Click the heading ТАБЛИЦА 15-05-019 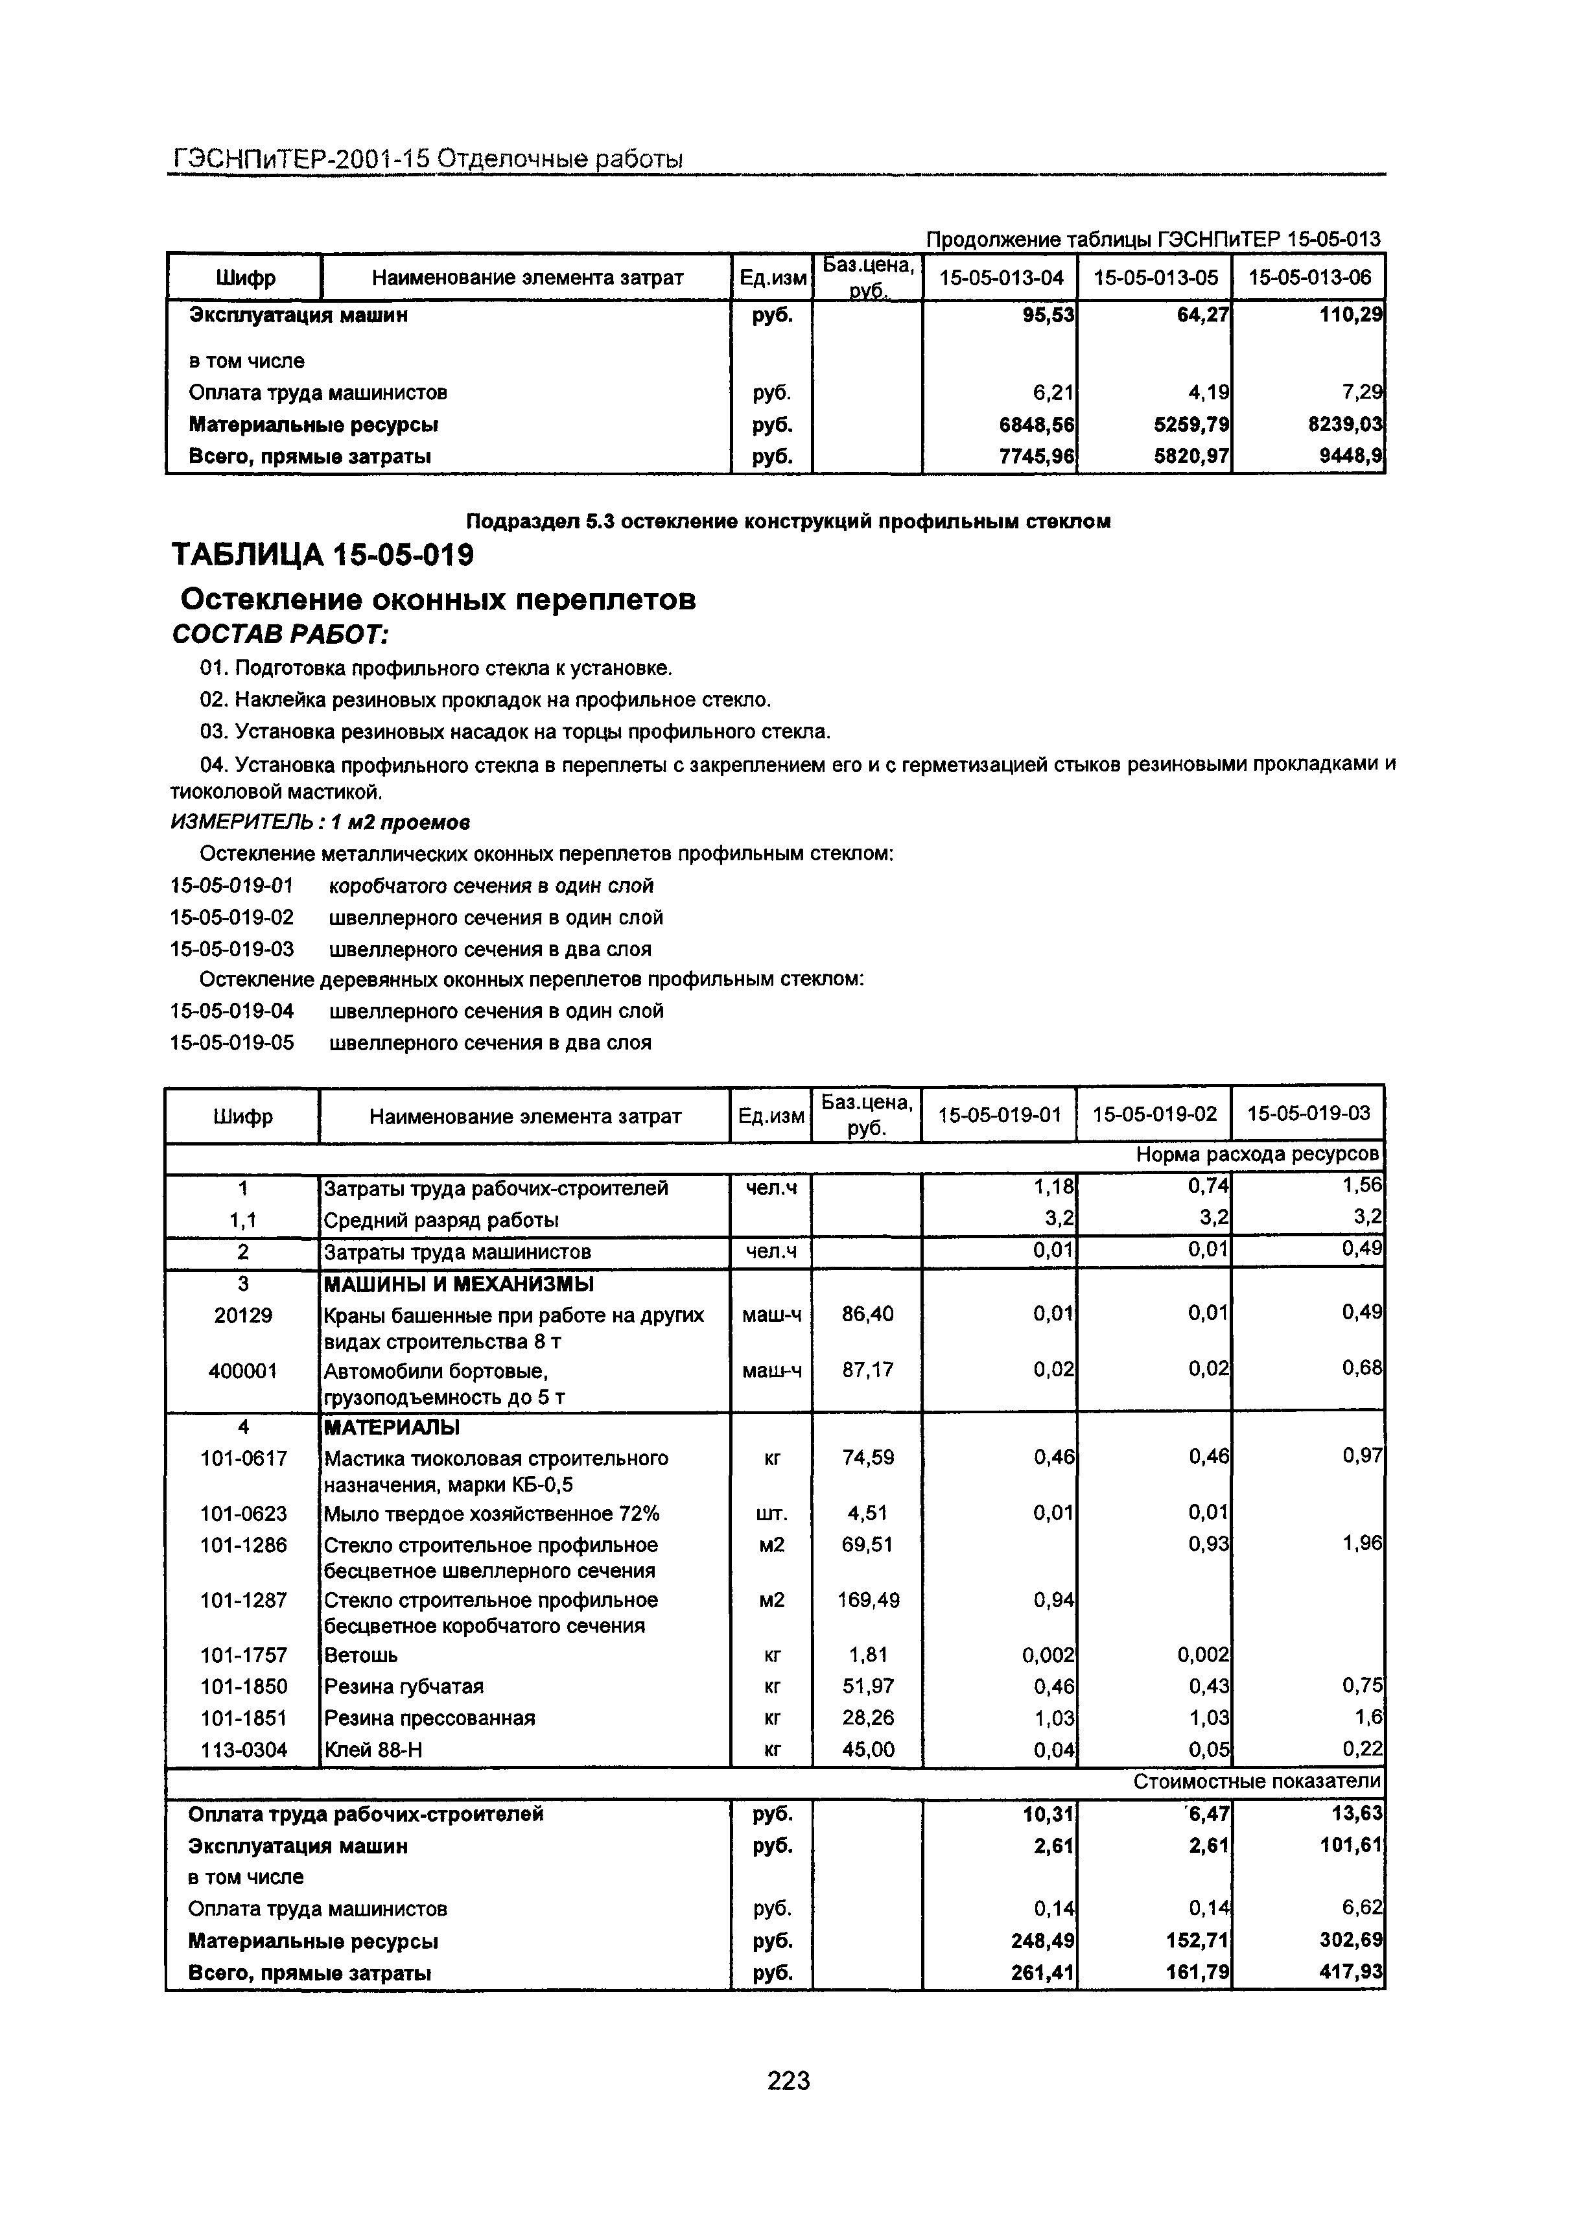pyautogui.click(x=322, y=555)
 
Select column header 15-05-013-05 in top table pyautogui.click(x=1155, y=277)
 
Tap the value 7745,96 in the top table pyautogui.click(x=1037, y=456)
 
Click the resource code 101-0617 pyautogui.click(x=243, y=1458)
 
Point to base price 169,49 pyautogui.click(x=868, y=1600)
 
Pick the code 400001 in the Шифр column pyautogui.click(x=243, y=1370)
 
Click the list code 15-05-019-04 pyautogui.click(x=231, y=1011)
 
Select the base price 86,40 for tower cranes pyautogui.click(x=868, y=1313)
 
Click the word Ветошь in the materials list pyautogui.click(x=361, y=1655)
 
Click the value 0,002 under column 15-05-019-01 pyautogui.click(x=1049, y=1655)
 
